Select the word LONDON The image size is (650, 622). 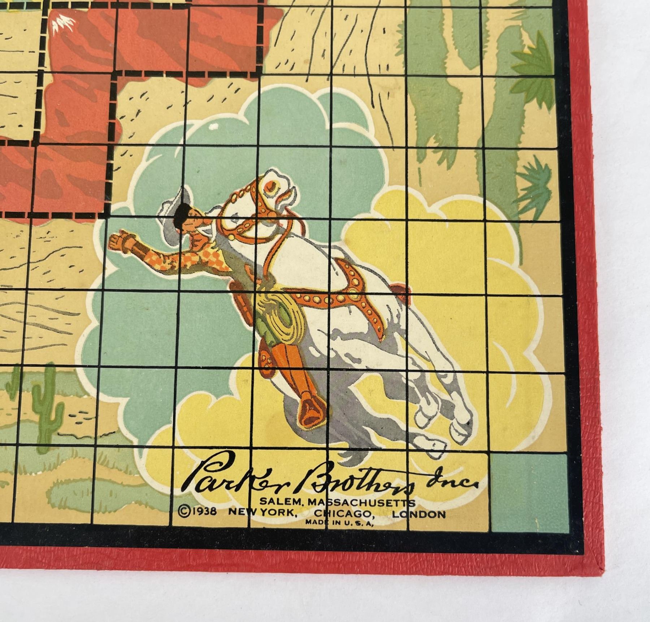(419, 514)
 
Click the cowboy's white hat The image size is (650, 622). (177, 202)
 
